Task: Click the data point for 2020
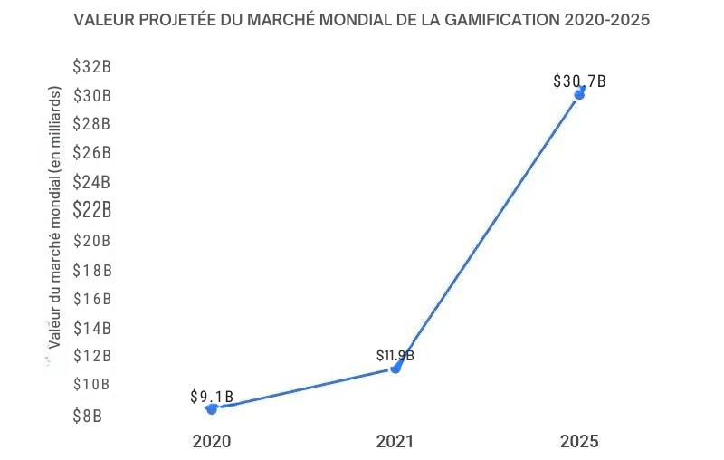tap(212, 408)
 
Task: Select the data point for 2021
tap(395, 369)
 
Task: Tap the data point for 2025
tap(579, 93)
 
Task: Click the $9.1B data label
tap(213, 396)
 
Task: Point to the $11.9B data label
tap(395, 355)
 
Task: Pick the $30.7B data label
tap(579, 81)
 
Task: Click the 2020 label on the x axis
tap(212, 442)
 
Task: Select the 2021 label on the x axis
tap(395, 442)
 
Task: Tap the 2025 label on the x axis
tap(579, 442)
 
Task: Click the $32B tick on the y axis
tap(92, 66)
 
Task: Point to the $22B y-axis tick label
tap(92, 210)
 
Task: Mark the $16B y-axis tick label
tap(92, 299)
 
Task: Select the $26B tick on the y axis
tap(92, 152)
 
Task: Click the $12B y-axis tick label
tap(92, 356)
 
